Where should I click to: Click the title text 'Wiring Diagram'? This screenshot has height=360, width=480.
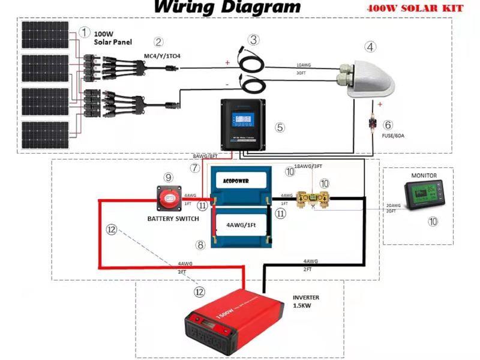pyautogui.click(x=227, y=7)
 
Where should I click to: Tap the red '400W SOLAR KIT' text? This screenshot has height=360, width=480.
pyautogui.click(x=413, y=9)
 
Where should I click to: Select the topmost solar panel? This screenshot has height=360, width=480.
pyautogui.click(x=45, y=36)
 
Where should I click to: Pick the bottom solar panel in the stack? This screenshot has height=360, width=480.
pyautogui.click(x=45, y=136)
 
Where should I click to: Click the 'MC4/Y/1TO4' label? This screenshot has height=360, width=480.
pyautogui.click(x=162, y=56)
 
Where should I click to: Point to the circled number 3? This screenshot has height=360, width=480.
pyautogui.click(x=254, y=40)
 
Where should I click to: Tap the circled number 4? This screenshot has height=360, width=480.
pyautogui.click(x=371, y=47)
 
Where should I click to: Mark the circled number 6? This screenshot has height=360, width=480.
pyautogui.click(x=388, y=125)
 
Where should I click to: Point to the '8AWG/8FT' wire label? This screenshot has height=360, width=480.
pyautogui.click(x=205, y=155)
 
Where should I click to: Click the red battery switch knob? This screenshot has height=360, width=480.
pyautogui.click(x=170, y=196)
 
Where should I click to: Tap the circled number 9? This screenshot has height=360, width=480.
pyautogui.click(x=169, y=177)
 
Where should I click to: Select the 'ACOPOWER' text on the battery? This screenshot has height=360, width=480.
pyautogui.click(x=237, y=180)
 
